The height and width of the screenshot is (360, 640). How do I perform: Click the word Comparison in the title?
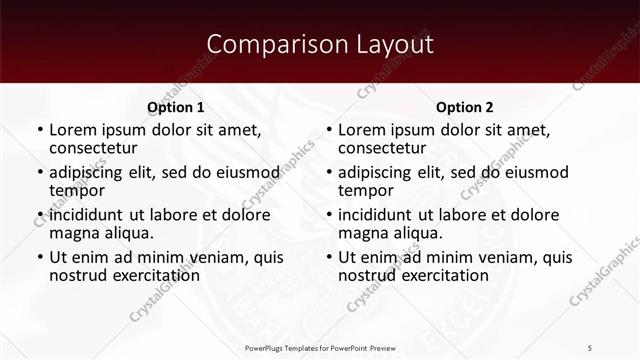[267, 45]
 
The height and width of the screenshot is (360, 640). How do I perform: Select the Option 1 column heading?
[176, 107]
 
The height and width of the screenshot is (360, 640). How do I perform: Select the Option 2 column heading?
[465, 107]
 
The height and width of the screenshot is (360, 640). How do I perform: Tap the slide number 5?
[590, 347]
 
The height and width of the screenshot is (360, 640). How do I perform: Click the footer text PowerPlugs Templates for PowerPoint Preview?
[320, 347]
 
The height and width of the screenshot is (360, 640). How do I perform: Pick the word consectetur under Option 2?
[381, 148]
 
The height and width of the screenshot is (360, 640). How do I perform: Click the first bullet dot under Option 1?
[40, 131]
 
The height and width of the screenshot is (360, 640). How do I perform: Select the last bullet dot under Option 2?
[329, 258]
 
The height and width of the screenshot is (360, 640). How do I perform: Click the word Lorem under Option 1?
[71, 130]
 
